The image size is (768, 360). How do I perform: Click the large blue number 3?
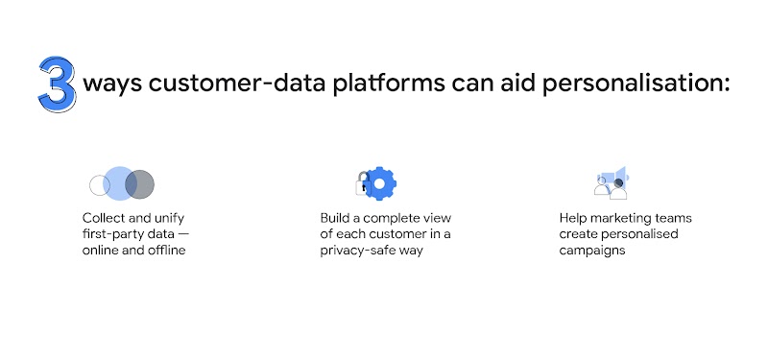tap(57, 85)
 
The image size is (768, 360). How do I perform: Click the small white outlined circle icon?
tap(97, 183)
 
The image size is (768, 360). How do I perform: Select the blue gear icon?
tap(381, 182)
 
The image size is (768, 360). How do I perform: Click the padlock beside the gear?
tap(362, 183)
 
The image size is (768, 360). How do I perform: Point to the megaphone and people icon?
tap(611, 182)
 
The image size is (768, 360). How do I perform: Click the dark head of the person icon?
tap(619, 182)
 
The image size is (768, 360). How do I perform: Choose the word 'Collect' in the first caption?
tap(103, 218)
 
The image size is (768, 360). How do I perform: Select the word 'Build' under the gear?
tap(337, 218)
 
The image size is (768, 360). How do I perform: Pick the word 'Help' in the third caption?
tap(574, 218)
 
